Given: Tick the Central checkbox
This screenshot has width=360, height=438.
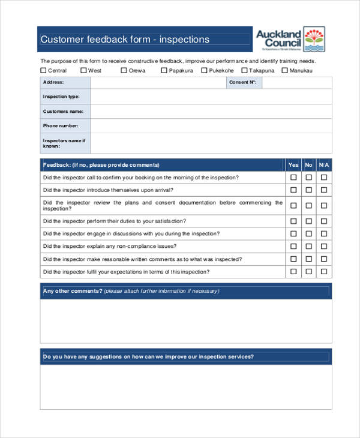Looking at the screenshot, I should tap(43, 70).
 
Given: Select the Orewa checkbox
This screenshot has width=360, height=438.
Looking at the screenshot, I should tap(124, 70).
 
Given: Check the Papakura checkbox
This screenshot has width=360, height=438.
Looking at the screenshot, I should tap(164, 70).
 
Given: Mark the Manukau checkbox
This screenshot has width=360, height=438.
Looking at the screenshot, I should tap(284, 70).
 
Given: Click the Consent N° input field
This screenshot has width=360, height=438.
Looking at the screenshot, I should tap(296, 82).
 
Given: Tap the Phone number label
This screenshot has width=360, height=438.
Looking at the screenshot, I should tap(60, 126).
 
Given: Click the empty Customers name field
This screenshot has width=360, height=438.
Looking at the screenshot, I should tap(210, 112).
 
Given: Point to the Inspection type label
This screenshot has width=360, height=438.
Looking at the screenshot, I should tap(61, 97).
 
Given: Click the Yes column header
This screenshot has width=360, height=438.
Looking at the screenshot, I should tap(293, 165).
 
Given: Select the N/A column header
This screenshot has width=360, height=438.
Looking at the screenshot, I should tap(323, 165).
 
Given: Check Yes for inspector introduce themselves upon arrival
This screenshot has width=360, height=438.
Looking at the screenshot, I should tap(293, 190).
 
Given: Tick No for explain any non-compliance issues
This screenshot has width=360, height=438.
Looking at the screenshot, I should tap(308, 246).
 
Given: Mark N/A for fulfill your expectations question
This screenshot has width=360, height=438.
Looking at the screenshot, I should tap(323, 272).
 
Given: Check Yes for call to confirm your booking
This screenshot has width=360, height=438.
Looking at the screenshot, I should tap(293, 178).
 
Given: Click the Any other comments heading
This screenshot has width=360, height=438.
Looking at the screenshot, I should tap(72, 292).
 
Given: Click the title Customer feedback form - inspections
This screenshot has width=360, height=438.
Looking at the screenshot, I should tap(125, 40).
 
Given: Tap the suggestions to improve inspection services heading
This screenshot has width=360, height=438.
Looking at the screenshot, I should tap(148, 356).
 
